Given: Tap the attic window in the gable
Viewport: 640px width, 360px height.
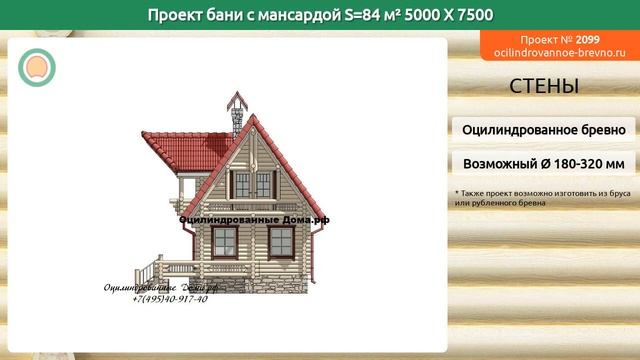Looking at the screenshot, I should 253,183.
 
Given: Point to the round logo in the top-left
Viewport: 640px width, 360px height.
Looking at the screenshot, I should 37,67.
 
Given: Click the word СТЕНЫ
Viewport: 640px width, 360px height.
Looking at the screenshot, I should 544,86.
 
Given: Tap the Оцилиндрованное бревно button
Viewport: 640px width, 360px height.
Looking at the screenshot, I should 544,129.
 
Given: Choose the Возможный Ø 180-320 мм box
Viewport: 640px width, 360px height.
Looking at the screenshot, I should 544,163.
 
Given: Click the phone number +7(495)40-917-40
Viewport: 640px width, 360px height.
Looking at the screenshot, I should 170,299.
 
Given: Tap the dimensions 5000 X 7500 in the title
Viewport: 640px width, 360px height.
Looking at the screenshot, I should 442,15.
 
